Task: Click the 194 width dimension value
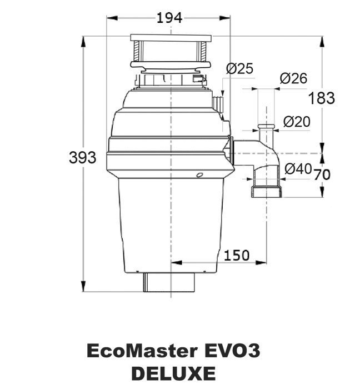pyautogui.click(x=169, y=18)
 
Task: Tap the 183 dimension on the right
pyautogui.click(x=322, y=98)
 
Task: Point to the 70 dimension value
pyautogui.click(x=322, y=174)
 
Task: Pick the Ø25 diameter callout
pyautogui.click(x=240, y=69)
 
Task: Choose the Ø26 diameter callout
pyautogui.click(x=294, y=78)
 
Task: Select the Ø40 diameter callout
pyautogui.click(x=298, y=169)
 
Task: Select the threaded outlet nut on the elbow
pyautogui.click(x=268, y=193)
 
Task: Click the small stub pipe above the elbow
pyautogui.click(x=265, y=134)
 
